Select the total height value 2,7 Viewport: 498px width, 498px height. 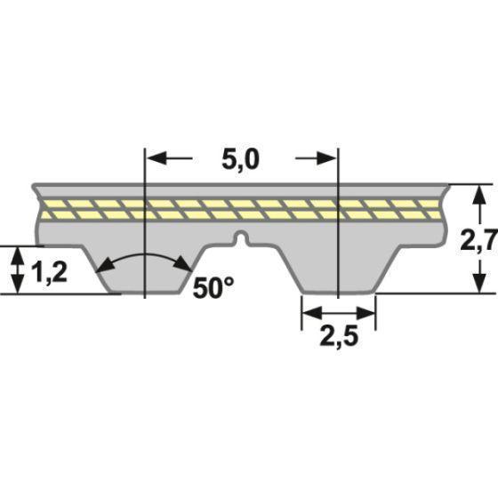pos(479,239)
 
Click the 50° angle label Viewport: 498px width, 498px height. pos(213,287)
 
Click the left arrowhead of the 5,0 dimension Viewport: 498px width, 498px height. pos(152,158)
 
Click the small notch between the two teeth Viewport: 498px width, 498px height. pos(240,237)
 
